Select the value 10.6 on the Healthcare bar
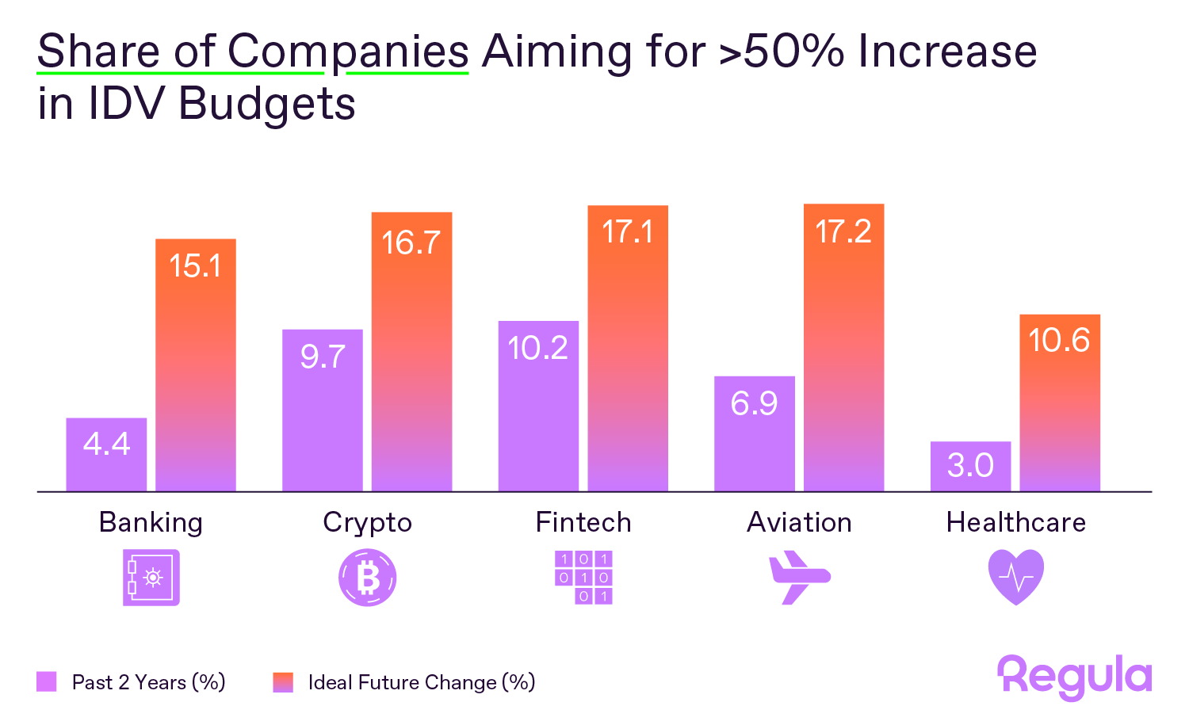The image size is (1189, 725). tap(1059, 341)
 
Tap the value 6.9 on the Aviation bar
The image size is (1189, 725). tap(754, 403)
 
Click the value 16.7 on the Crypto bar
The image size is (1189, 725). tap(411, 242)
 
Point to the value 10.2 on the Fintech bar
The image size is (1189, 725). tap(537, 349)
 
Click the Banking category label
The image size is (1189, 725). tap(151, 523)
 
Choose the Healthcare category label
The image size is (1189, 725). tap(1015, 523)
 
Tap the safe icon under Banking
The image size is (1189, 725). tap(151, 578)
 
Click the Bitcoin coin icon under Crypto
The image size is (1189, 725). tap(367, 578)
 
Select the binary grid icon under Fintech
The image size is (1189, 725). tap(583, 578)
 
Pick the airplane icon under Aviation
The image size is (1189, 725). tap(799, 578)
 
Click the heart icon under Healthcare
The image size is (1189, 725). tap(1015, 578)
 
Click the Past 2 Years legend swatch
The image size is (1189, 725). tap(47, 682)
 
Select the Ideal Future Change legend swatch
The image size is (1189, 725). tap(283, 682)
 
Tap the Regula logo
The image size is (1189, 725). tap(1074, 677)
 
